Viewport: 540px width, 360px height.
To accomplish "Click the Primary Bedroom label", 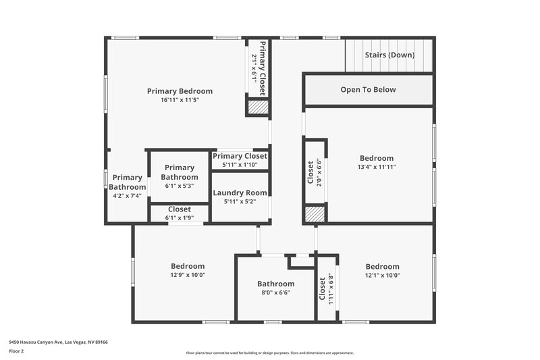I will click(x=180, y=91).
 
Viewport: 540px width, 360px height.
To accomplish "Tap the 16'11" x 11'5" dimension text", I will click(x=180, y=100).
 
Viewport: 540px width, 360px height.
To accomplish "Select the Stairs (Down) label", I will click(x=389, y=55).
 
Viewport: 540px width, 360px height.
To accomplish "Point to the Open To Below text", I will click(x=368, y=90).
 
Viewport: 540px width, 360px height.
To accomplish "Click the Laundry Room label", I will click(x=240, y=192).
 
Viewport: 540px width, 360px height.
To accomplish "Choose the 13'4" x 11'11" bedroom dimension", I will click(x=376, y=167).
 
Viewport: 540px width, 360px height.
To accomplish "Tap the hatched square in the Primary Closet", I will click(x=257, y=107).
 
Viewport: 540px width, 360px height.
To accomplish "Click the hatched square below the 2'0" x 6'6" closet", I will click(x=315, y=214).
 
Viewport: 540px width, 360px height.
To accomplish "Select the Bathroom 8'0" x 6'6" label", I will click(x=275, y=284).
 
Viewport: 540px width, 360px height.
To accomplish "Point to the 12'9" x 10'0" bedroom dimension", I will click(x=187, y=275).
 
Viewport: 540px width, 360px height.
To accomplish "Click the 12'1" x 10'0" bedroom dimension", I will click(x=382, y=275).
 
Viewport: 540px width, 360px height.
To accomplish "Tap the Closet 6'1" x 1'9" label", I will click(x=179, y=209).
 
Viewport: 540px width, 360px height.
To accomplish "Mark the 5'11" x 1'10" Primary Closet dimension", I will click(x=240, y=164).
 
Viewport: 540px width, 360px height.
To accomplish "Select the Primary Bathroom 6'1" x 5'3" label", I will click(x=179, y=172).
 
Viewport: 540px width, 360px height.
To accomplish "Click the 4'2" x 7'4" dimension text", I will click(x=127, y=196).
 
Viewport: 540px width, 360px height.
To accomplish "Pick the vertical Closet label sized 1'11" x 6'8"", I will click(x=322, y=289).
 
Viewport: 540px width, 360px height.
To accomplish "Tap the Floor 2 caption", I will click(x=16, y=351).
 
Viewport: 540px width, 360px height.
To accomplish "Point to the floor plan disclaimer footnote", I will click(x=269, y=353).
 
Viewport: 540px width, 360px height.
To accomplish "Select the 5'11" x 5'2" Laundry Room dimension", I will click(x=240, y=201).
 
